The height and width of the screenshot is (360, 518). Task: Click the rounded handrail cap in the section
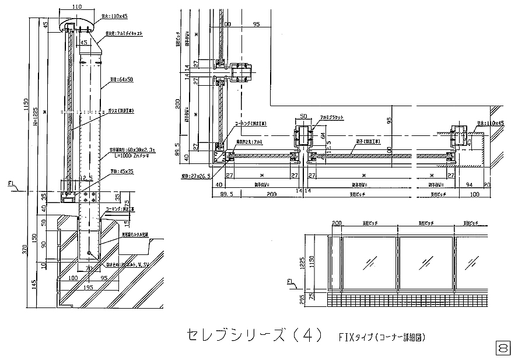pyautogui.click(x=76, y=26)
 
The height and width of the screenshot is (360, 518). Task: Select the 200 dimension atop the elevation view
pyautogui.click(x=336, y=223)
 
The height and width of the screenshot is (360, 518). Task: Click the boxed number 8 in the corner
pyautogui.click(x=502, y=348)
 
